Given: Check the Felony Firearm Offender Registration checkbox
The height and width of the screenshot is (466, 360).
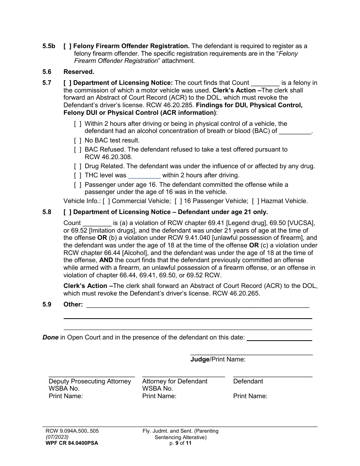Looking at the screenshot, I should tap(67, 46).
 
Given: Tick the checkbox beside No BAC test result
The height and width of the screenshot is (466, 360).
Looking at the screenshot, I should tap(78, 141).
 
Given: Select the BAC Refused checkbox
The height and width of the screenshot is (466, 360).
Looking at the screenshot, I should tap(78, 150).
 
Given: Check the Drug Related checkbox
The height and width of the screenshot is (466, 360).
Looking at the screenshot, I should tap(78, 166).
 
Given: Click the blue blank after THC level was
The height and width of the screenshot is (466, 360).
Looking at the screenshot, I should tap(144, 175).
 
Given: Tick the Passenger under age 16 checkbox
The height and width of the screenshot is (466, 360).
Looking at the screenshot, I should tap(78, 185).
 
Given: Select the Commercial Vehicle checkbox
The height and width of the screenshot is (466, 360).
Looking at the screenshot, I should tap(106, 201).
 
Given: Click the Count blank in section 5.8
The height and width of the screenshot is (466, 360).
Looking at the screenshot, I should tap(97, 223).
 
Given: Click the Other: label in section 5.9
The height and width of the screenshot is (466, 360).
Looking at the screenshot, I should tap(73, 304).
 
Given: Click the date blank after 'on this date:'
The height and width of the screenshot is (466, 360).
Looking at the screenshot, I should tap(279, 338).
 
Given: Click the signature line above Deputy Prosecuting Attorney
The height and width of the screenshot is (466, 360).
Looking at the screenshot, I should tap(92, 375).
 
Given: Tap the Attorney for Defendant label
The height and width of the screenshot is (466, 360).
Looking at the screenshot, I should tap(175, 381).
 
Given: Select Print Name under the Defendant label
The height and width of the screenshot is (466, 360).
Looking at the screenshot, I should tap(250, 396).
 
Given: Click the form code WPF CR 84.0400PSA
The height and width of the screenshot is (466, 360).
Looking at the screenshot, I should tap(71, 443).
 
